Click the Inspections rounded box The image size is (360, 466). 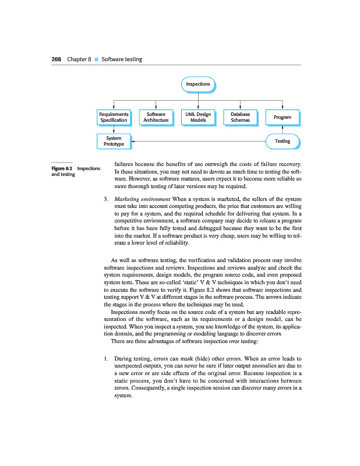(197, 84)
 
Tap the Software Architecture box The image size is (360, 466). (156, 117)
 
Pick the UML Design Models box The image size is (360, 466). (198, 117)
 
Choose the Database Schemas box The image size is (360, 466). (240, 117)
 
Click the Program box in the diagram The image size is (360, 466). (282, 117)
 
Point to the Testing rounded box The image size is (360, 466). (282, 141)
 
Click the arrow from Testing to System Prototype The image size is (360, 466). (198, 141)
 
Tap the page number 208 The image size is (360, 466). (56, 59)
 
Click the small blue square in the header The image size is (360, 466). (97, 59)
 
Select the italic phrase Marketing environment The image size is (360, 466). (142, 200)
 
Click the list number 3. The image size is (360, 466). (105, 200)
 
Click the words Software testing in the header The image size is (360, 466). (122, 59)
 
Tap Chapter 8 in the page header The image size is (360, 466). (79, 59)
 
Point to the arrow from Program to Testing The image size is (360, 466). (282, 130)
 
